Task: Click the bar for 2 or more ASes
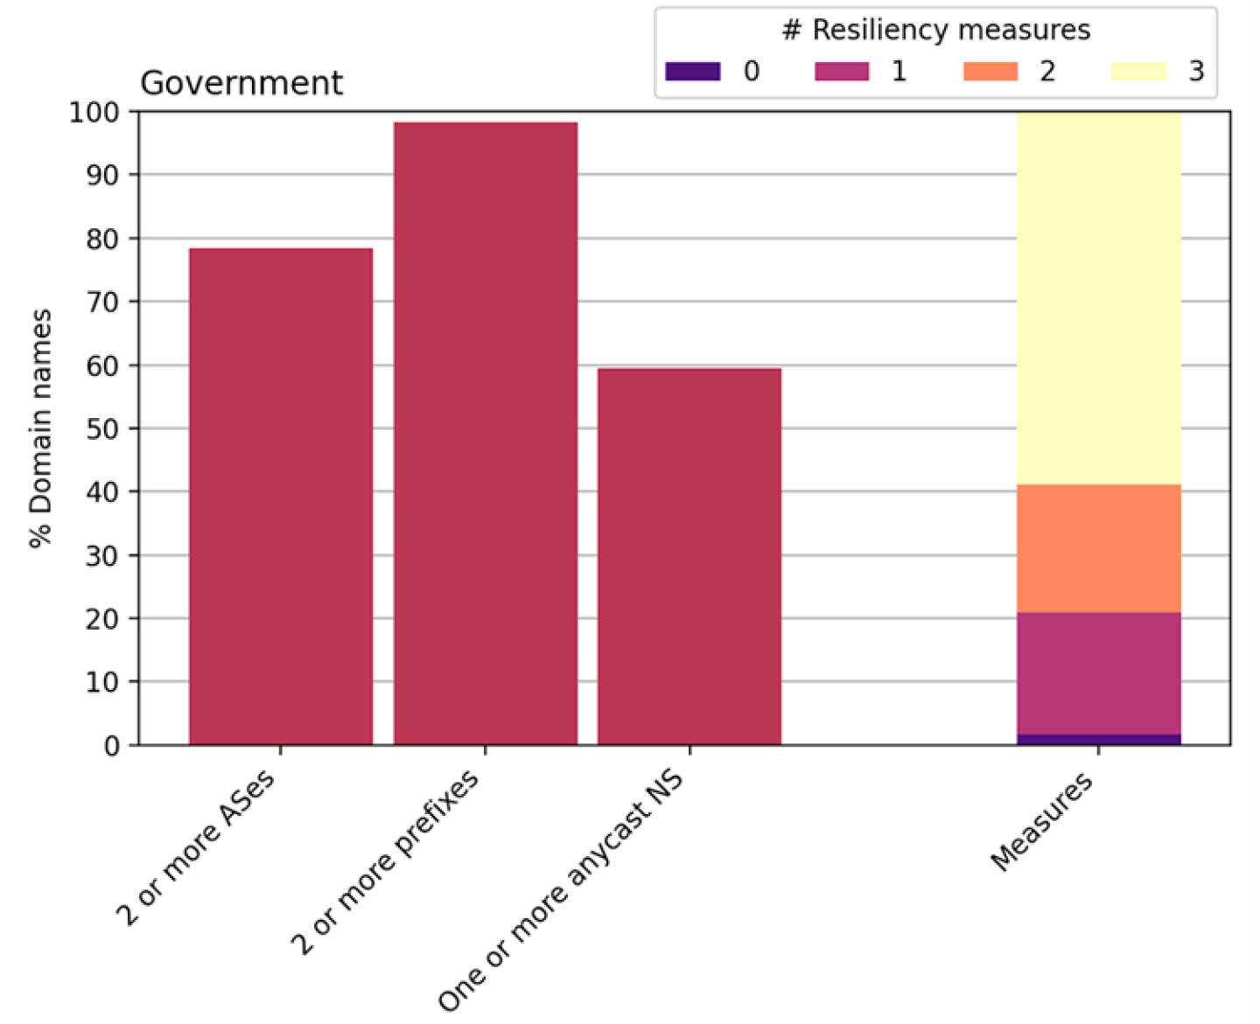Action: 280,496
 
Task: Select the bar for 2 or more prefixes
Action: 485,433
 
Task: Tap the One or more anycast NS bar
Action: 689,556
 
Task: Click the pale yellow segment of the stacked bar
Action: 1098,297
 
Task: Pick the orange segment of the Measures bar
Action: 1098,548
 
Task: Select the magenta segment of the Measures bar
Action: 1098,672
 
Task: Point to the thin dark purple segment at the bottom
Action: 1098,740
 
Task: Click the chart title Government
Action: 241,83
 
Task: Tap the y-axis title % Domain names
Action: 40,428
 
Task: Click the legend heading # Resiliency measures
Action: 935,31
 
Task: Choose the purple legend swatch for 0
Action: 692,71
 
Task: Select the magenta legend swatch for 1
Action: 841,71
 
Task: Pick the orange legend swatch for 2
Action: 990,71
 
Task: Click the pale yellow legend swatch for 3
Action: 1138,71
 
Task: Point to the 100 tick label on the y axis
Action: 94,112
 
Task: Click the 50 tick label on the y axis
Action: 102,428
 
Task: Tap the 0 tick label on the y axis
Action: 111,746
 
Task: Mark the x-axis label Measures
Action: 1043,822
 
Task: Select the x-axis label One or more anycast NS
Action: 562,890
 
